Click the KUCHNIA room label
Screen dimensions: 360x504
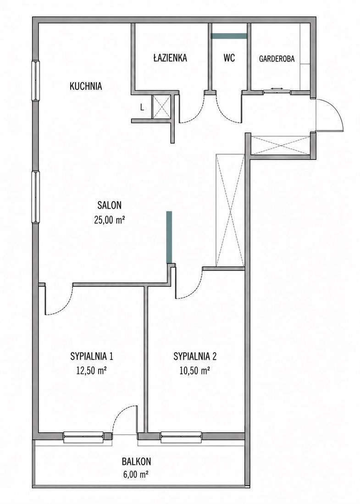[86, 86]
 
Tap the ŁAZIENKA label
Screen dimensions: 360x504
[170, 58]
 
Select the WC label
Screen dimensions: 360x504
[229, 58]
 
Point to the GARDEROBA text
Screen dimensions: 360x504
[277, 59]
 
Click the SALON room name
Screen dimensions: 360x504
[110, 205]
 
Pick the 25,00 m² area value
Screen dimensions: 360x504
[110, 221]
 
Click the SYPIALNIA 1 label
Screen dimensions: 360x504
[92, 356]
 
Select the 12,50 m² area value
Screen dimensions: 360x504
[92, 371]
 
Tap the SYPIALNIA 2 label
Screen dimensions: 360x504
[195, 356]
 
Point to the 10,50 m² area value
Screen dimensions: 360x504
[195, 371]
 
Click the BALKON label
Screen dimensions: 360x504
[136, 461]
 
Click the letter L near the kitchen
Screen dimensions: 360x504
[142, 108]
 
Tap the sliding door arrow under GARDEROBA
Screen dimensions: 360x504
[277, 89]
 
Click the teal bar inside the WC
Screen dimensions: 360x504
[229, 36]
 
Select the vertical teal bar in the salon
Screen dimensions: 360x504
[169, 237]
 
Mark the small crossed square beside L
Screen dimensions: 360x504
[161, 107]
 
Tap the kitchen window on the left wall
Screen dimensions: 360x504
[35, 80]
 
